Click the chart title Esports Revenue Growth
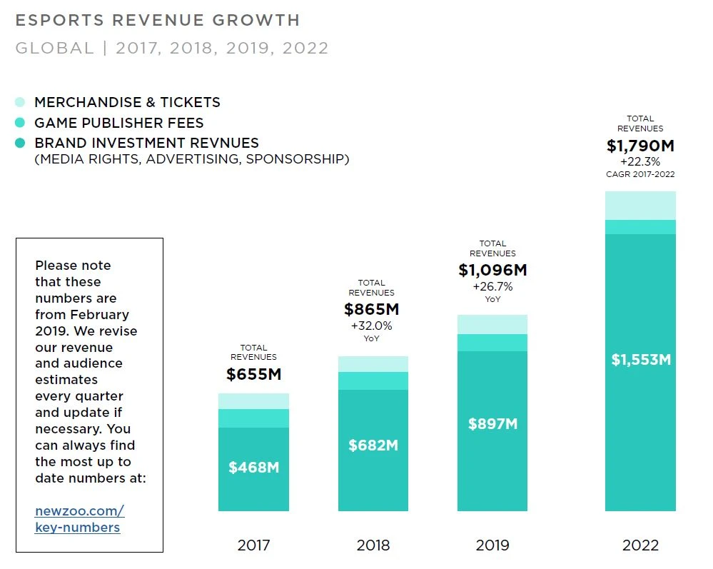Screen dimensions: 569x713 point(158,20)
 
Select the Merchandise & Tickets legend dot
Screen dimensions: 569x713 point(20,102)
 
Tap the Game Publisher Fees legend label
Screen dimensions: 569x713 point(119,123)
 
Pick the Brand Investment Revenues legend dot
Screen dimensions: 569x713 point(20,143)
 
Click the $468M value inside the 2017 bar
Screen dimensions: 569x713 point(253,468)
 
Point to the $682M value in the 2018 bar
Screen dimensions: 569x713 point(373,445)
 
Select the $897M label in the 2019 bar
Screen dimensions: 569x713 point(492,423)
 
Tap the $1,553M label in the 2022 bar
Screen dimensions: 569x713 point(640,360)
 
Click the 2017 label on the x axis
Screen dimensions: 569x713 point(253,545)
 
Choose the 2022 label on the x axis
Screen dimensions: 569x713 point(640,545)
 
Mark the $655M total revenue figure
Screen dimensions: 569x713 point(253,374)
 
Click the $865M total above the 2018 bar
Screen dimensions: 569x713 point(371,310)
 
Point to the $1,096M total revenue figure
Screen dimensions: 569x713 point(492,271)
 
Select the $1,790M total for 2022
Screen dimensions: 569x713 point(640,146)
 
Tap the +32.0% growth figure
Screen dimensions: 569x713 point(371,326)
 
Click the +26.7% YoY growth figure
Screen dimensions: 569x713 point(492,287)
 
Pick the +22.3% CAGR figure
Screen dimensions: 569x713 point(640,162)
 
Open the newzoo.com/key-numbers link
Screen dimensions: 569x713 point(79,519)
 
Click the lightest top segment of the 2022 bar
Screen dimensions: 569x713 point(640,205)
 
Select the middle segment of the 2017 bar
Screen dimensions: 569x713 point(253,418)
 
